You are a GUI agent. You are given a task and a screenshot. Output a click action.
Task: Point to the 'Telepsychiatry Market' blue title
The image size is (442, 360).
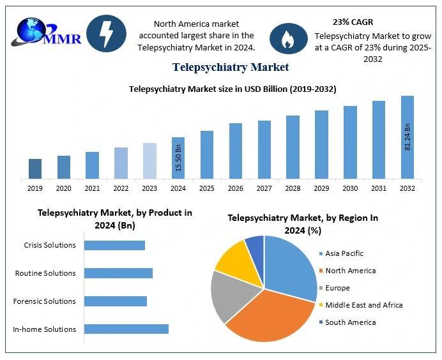coord(230,66)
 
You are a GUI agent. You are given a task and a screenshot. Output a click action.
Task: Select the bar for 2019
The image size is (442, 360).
coord(35,169)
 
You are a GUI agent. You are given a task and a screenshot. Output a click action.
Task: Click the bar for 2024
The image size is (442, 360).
coord(178,158)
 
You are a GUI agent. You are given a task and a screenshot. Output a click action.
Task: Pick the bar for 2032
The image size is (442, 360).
coord(407,137)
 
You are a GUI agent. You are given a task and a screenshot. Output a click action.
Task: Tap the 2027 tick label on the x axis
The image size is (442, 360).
coord(264,188)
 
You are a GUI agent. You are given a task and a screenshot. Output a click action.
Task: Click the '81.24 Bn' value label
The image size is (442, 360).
coord(408,136)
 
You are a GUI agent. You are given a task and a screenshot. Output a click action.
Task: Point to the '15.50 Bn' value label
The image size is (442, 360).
coord(179,157)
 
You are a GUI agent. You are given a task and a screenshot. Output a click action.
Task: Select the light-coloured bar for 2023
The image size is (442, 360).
coord(149,160)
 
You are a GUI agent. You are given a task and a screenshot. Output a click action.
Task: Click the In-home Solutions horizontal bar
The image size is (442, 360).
coord(126,329)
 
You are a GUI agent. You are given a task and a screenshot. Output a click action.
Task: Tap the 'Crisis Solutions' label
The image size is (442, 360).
coord(49,245)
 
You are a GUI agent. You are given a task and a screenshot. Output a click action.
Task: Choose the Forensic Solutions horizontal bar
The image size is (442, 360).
coord(115,301)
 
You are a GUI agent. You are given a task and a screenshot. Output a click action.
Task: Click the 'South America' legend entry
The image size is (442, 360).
coord(350,322)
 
